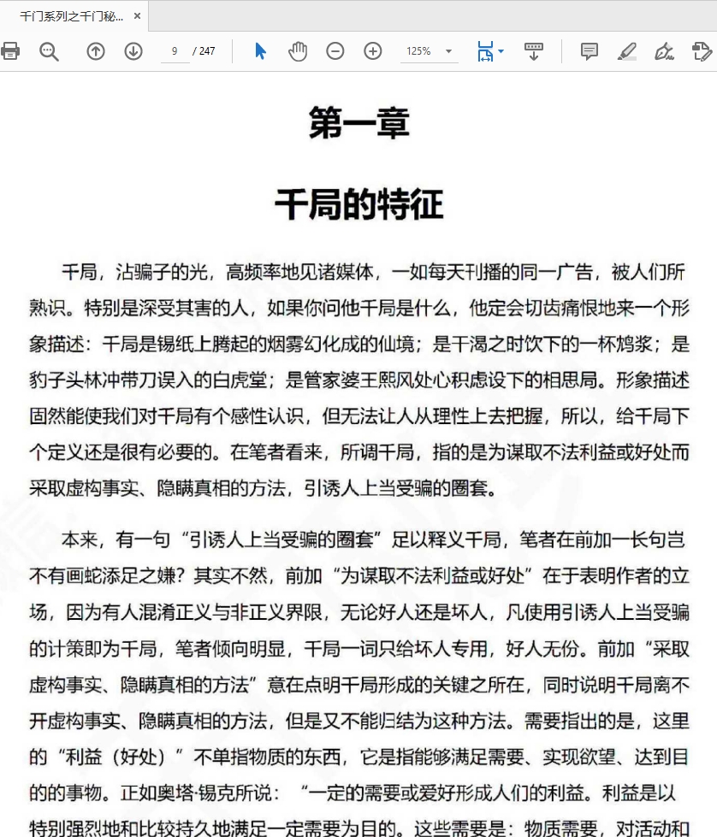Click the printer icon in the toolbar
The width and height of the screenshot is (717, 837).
coord(10,51)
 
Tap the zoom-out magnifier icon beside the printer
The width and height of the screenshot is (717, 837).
coord(50,51)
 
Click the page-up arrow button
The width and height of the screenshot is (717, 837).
coord(96,51)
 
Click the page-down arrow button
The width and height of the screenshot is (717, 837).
coord(133,51)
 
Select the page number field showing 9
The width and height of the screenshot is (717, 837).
coord(175,51)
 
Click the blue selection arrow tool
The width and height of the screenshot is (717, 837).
coord(261,51)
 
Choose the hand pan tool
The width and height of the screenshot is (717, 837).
coord(298,51)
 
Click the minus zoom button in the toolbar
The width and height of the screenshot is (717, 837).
coord(335,51)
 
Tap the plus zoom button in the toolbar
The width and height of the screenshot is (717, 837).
coord(373,51)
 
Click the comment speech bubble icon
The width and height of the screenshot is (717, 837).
coord(590,51)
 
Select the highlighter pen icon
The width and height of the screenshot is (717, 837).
coord(627,51)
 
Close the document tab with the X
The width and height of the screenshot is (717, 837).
coord(137,15)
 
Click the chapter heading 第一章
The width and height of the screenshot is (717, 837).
coord(358,123)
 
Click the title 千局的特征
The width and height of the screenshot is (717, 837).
coord(358,206)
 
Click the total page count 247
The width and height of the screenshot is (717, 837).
coord(207,51)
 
